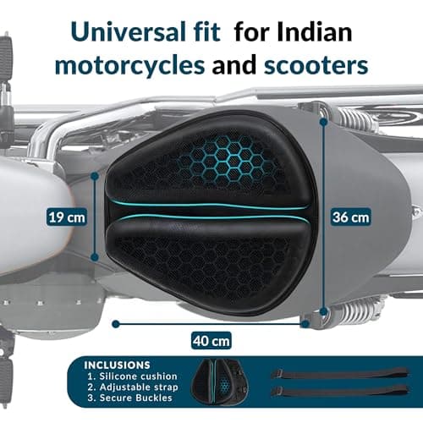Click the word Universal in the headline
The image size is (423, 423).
click(x=127, y=31)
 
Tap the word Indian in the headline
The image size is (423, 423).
click(x=314, y=31)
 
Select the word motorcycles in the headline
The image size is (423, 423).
click(x=130, y=66)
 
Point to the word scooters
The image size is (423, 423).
click(x=316, y=66)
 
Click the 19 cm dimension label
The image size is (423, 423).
click(x=67, y=217)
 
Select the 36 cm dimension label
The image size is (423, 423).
click(x=350, y=217)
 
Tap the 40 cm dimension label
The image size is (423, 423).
click(x=211, y=341)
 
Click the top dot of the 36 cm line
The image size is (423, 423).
click(x=324, y=122)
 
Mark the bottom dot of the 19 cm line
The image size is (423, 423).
click(x=95, y=257)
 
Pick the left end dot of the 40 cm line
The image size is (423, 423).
click(x=116, y=324)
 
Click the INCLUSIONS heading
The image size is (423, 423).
click(x=117, y=365)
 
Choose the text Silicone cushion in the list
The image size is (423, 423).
click(x=138, y=376)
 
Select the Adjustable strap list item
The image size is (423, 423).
click(x=139, y=387)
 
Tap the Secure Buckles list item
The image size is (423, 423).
click(x=136, y=398)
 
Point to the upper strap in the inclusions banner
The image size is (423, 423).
click(x=340, y=374)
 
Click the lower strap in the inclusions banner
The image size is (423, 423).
click(x=340, y=391)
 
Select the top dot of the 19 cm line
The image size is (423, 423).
click(x=95, y=177)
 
